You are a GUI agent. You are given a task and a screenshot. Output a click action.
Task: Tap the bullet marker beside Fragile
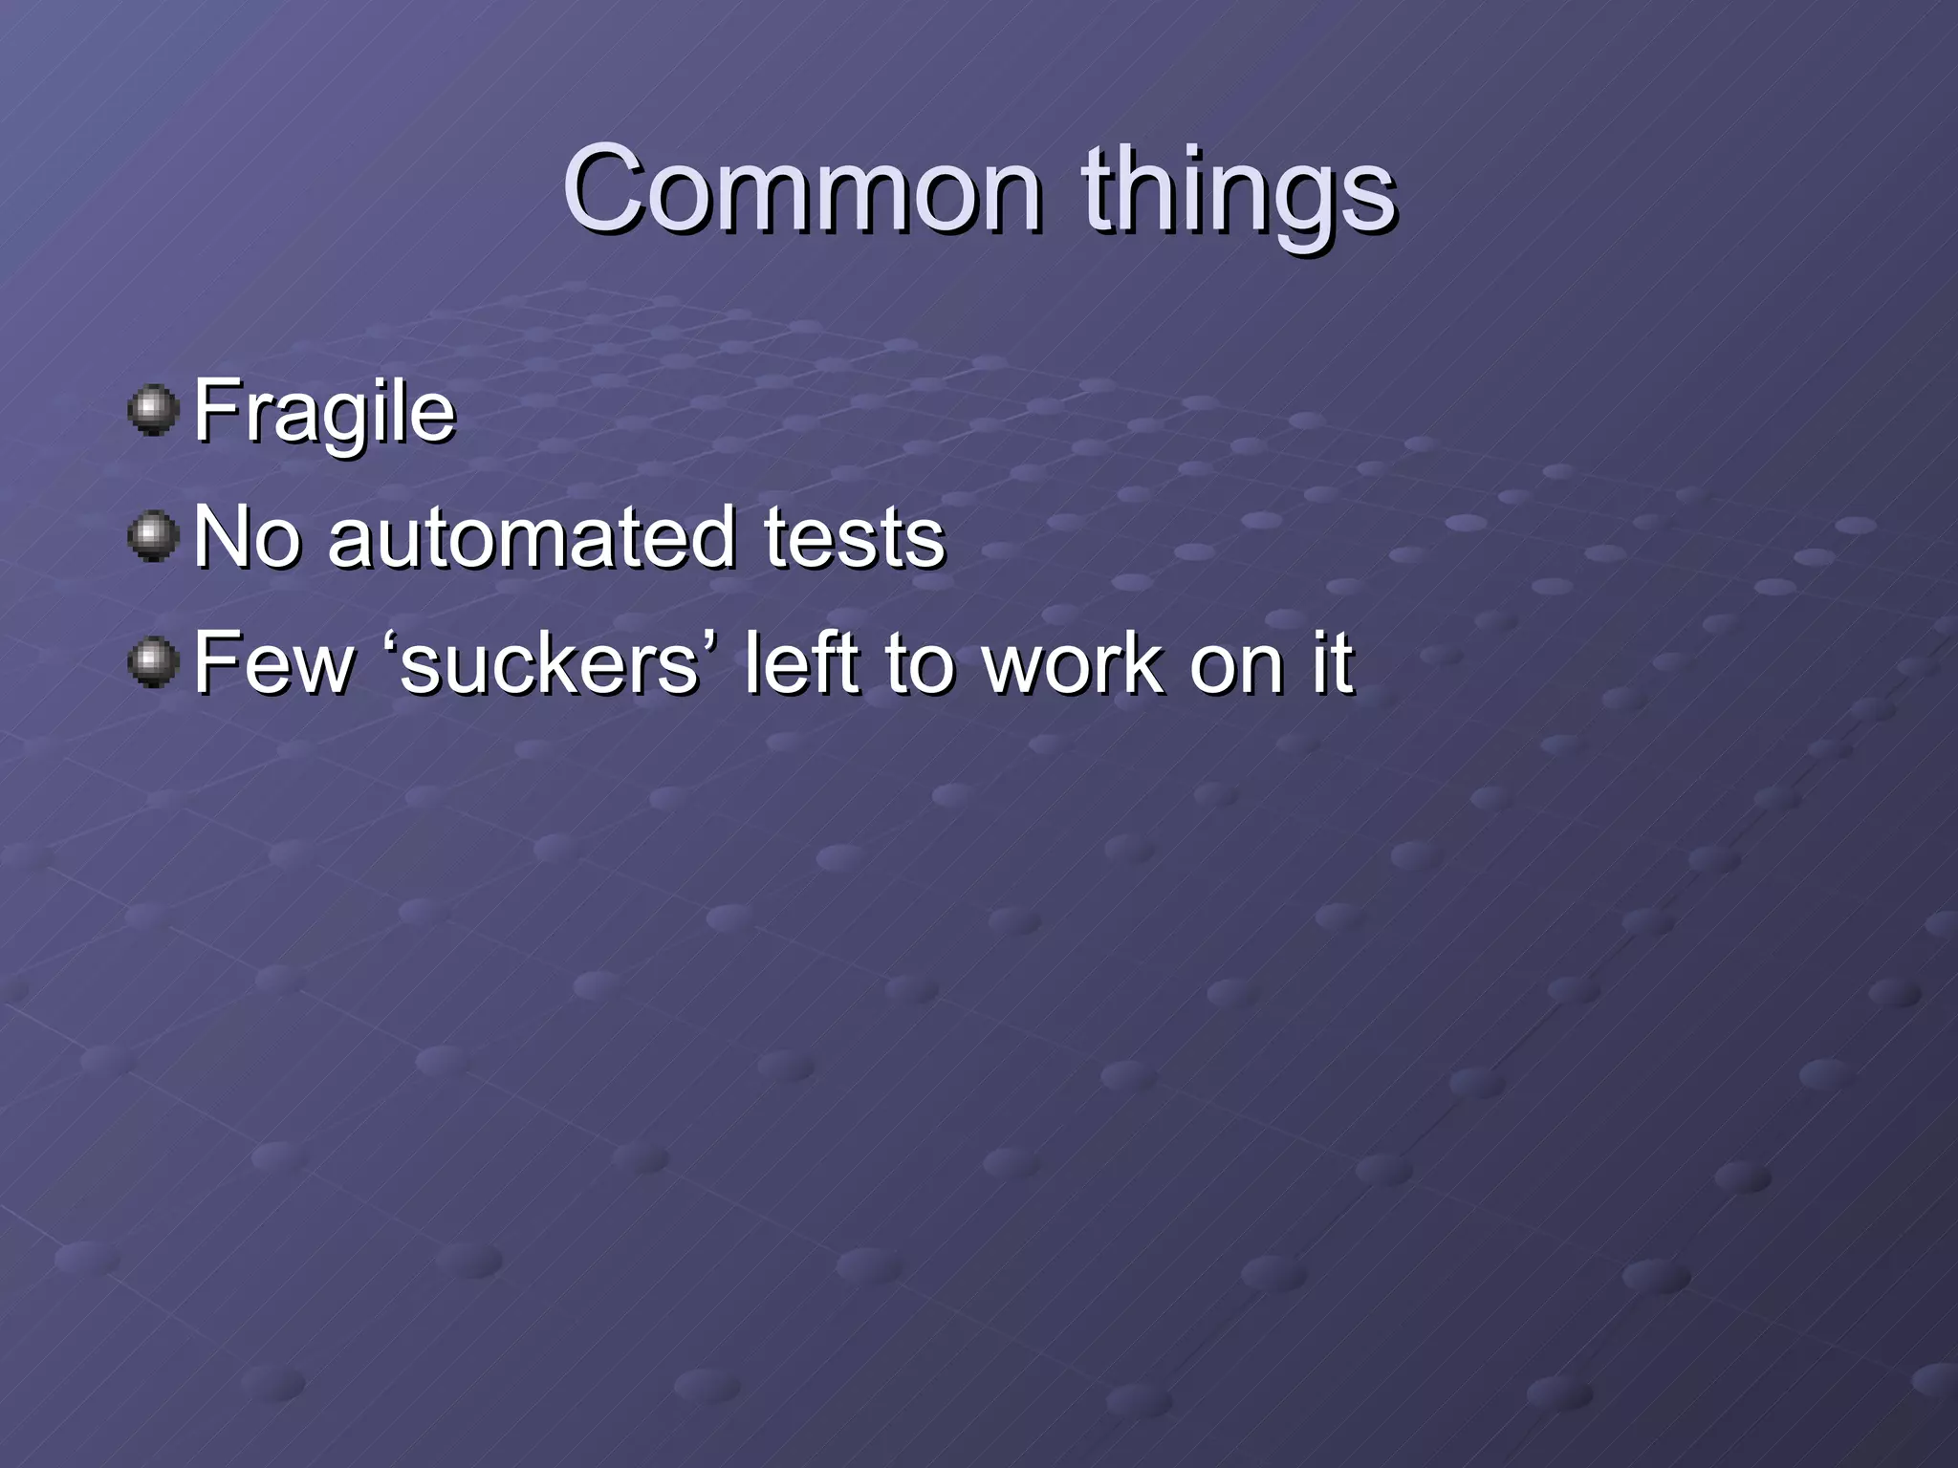point(153,411)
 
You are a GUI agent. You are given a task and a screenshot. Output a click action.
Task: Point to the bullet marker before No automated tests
point(153,536)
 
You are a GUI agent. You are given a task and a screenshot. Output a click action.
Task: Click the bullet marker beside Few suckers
point(153,662)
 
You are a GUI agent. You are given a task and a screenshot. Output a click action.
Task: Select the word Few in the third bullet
point(273,662)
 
